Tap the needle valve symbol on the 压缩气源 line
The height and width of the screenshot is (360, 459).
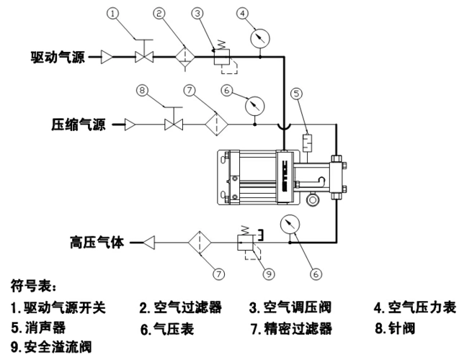point(173,125)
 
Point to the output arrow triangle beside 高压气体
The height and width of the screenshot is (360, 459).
point(149,242)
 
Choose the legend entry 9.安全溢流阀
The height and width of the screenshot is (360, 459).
point(51,346)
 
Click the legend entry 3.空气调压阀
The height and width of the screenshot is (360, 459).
point(291,308)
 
